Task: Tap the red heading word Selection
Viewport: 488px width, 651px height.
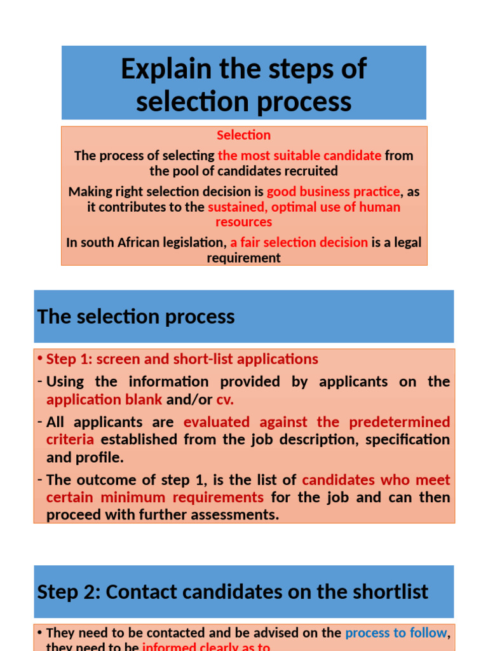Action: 243,135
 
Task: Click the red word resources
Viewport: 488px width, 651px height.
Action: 243,222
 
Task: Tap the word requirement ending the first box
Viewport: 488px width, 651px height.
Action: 243,257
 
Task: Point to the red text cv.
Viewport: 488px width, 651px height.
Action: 225,400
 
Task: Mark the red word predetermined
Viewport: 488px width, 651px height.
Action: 400,422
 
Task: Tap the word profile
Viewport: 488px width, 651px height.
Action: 102,457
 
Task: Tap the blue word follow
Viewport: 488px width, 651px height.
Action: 429,633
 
